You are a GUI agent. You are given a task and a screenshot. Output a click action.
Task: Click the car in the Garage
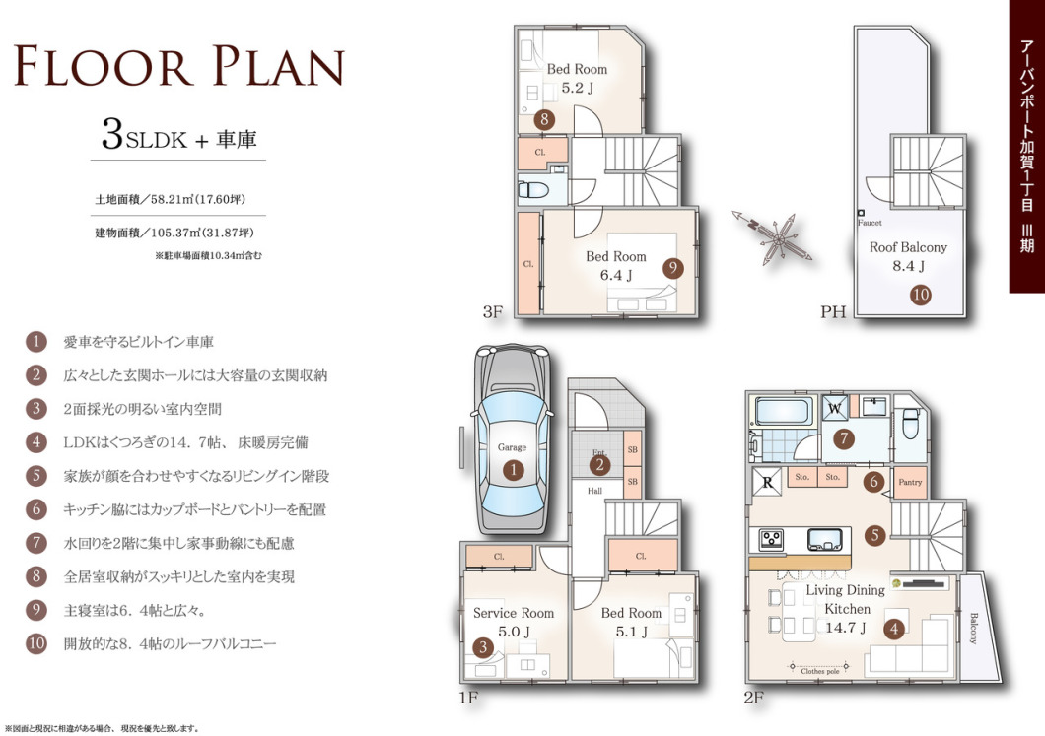pyautogui.click(x=512, y=439)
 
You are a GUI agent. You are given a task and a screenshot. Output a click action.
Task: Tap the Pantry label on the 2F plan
pyautogui.click(x=910, y=482)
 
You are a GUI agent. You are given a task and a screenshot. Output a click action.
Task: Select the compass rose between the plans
pyautogui.click(x=772, y=235)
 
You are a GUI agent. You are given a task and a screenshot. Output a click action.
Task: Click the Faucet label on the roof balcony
pyautogui.click(x=870, y=223)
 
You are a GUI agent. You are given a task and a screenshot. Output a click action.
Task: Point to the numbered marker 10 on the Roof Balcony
pyautogui.click(x=921, y=295)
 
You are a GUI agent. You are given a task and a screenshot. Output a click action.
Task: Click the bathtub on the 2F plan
pyautogui.click(x=784, y=411)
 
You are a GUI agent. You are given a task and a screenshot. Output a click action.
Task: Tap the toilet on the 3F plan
pyautogui.click(x=533, y=190)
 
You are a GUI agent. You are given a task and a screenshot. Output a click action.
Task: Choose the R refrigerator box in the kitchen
pyautogui.click(x=767, y=482)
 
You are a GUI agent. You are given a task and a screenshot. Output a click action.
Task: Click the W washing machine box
pyautogui.click(x=834, y=408)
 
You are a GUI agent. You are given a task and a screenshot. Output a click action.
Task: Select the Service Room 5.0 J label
pyautogui.click(x=514, y=622)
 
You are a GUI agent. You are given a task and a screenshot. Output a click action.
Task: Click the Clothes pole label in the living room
pyautogui.click(x=820, y=671)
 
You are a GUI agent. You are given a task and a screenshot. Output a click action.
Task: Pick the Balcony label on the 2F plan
pyautogui.click(x=974, y=628)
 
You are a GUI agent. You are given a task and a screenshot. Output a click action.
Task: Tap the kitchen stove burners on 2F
pyautogui.click(x=773, y=538)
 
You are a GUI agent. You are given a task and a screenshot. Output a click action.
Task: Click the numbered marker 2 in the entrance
pyautogui.click(x=599, y=465)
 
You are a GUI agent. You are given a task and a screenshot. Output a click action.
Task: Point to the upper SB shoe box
pyautogui.click(x=632, y=449)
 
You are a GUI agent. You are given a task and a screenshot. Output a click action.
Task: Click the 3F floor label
pyautogui.click(x=493, y=311)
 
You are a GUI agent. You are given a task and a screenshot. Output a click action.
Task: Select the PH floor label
pyautogui.click(x=833, y=311)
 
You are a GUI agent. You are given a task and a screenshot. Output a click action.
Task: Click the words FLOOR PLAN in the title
pyautogui.click(x=179, y=66)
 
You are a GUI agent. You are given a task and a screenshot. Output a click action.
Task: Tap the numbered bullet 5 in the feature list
pyautogui.click(x=36, y=476)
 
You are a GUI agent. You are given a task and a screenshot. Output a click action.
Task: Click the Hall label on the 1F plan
pyautogui.click(x=594, y=491)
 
